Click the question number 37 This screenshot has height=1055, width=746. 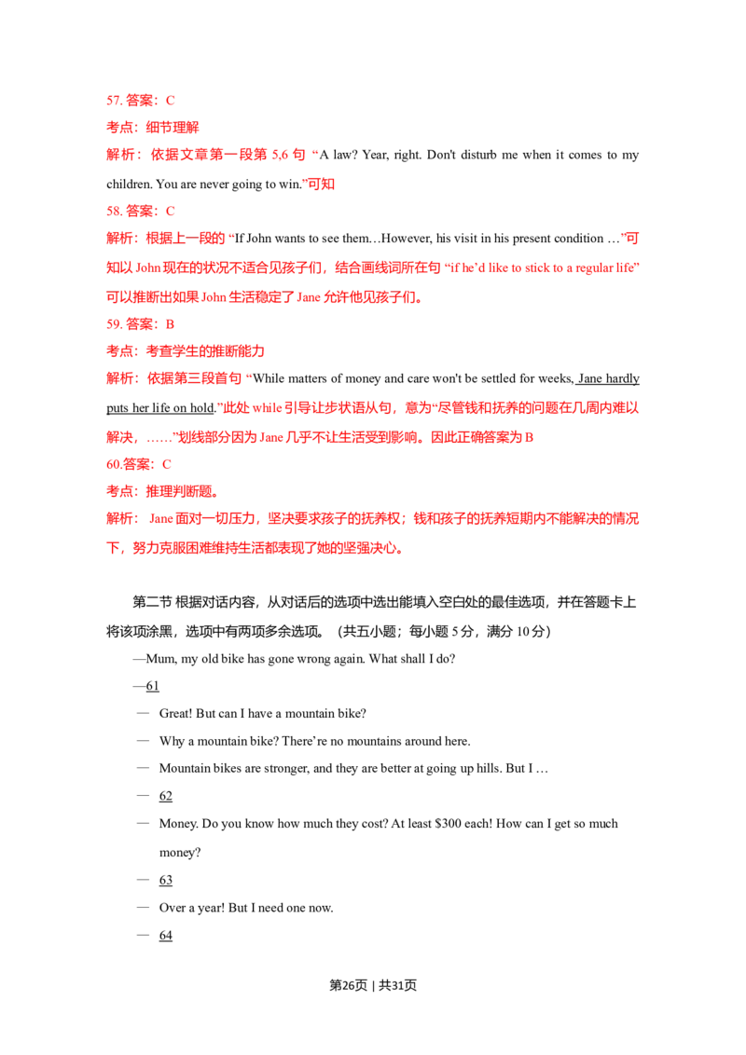[x=112, y=101]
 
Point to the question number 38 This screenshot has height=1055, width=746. [x=112, y=212]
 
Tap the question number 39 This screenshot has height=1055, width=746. [x=112, y=324]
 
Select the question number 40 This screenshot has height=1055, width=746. [x=111, y=463]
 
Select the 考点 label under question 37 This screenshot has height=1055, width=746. [x=118, y=127]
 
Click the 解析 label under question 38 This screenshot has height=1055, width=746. [x=118, y=240]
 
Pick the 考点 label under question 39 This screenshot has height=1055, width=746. [x=118, y=351]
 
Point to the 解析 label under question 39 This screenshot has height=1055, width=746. [x=118, y=379]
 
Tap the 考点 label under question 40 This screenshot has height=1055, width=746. [x=118, y=490]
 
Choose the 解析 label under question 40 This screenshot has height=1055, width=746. [x=118, y=518]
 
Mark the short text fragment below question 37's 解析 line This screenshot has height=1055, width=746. [x=318, y=185]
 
